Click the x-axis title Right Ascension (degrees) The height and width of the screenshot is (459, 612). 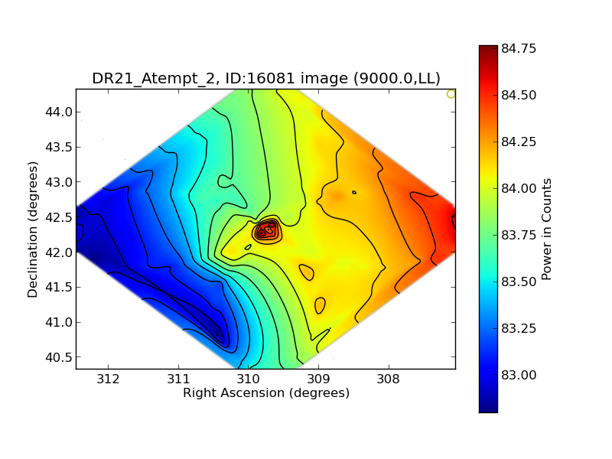click(266, 392)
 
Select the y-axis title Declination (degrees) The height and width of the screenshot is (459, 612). click(33, 229)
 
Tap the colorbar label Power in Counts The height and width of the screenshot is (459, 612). click(547, 229)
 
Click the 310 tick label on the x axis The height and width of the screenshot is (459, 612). click(248, 378)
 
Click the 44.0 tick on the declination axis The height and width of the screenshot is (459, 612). click(59, 112)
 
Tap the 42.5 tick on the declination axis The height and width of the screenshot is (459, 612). click(59, 217)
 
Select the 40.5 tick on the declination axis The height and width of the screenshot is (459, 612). click(59, 357)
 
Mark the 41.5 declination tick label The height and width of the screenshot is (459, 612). click(59, 288)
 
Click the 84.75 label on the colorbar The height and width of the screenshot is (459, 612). click(519, 49)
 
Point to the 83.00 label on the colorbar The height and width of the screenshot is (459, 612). click(519, 375)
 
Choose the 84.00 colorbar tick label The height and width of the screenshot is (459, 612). click(519, 188)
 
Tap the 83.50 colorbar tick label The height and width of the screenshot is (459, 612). click(519, 282)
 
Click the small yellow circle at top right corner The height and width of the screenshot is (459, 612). click(451, 94)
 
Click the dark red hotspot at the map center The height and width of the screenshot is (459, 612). click(268, 229)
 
